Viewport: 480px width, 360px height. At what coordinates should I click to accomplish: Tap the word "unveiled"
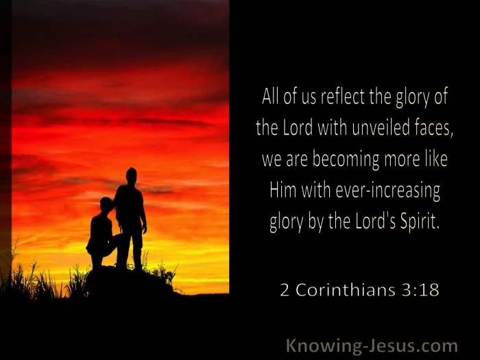[x=381, y=128]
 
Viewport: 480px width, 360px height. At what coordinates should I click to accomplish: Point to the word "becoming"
[x=346, y=160]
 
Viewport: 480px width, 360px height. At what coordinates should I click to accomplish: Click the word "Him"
[x=283, y=190]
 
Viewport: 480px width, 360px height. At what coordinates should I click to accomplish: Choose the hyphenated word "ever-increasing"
[x=388, y=191]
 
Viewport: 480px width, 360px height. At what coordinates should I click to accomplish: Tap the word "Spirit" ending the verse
[x=419, y=221]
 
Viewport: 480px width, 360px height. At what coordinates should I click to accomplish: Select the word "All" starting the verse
[x=270, y=97]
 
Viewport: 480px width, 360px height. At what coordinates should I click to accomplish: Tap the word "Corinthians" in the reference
[x=346, y=289]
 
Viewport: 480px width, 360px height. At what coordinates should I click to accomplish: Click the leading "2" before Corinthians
[x=285, y=290]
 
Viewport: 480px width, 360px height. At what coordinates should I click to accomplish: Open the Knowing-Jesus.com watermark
[x=372, y=346]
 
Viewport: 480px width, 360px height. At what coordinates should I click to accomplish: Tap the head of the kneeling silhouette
[x=106, y=205]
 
